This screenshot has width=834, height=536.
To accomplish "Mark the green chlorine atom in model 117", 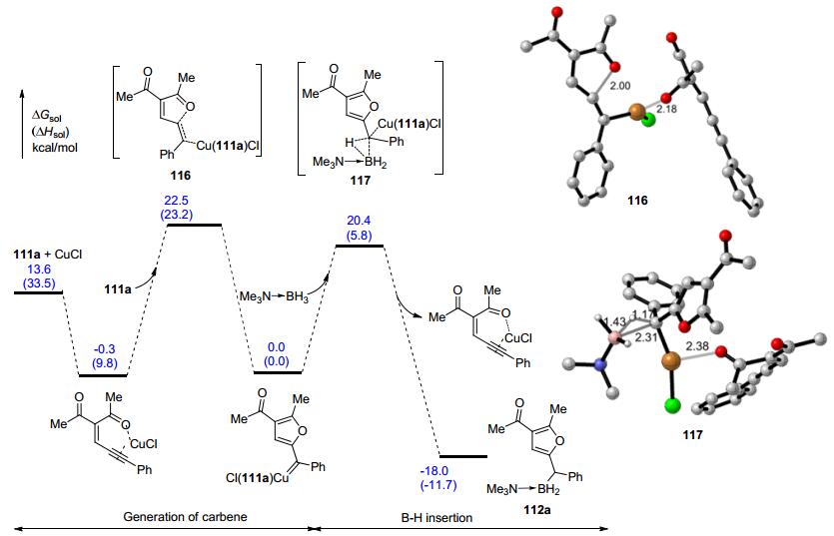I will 671,406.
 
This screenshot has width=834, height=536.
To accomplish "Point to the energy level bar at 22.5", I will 194,226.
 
